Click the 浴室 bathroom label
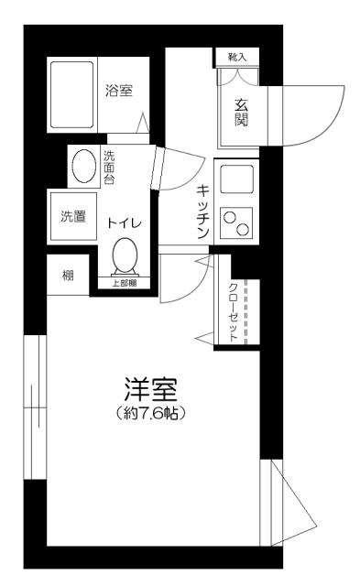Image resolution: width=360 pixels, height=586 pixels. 119,91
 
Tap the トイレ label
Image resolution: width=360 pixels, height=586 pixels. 123,222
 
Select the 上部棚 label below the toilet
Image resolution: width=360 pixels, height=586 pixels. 124,283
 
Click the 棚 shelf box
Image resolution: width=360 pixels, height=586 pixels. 69,277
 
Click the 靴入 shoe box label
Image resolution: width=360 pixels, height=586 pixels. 237,57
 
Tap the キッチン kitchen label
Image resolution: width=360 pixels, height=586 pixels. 203,214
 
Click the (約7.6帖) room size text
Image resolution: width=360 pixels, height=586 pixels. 152,414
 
